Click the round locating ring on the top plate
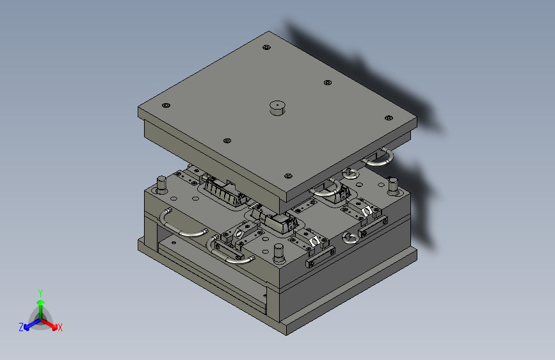click(277, 108)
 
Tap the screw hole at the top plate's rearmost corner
click(266, 47)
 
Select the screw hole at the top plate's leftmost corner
click(166, 105)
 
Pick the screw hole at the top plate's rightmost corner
click(389, 118)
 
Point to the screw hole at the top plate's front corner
click(289, 176)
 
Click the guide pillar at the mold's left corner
click(161, 184)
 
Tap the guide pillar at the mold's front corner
click(279, 253)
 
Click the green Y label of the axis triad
click(40, 293)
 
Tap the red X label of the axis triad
click(60, 327)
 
